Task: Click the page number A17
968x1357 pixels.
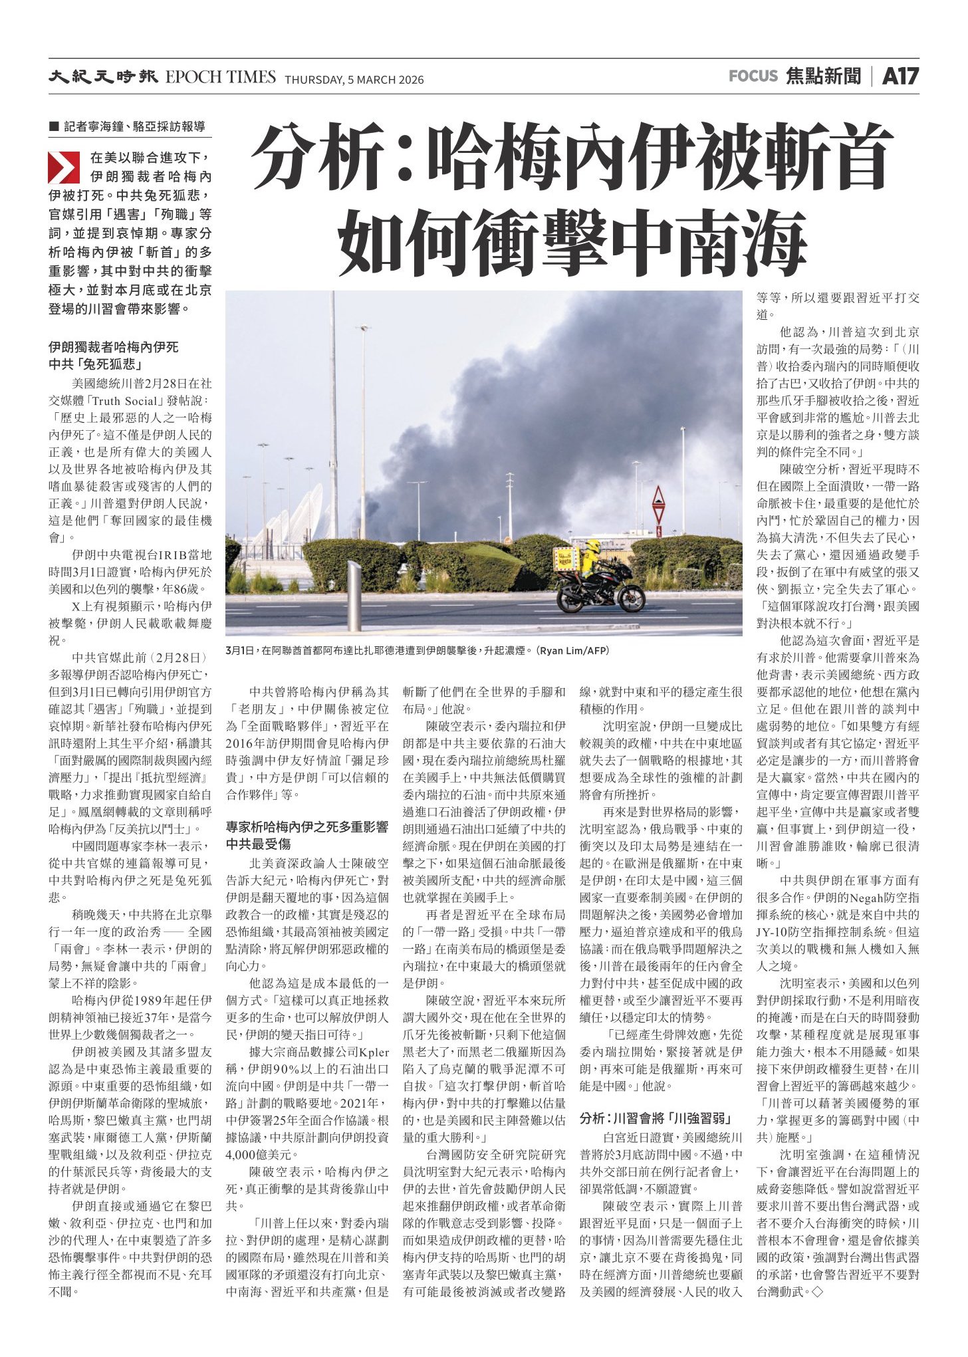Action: pos(900,76)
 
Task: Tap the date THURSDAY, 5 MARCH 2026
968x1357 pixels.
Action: pos(354,80)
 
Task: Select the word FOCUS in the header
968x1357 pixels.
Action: pos(753,76)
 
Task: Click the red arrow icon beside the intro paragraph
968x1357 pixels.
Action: pos(64,168)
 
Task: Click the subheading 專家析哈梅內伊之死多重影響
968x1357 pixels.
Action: pos(306,827)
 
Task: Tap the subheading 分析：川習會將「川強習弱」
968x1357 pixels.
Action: pos(656,1117)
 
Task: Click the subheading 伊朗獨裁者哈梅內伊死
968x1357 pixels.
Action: pos(114,347)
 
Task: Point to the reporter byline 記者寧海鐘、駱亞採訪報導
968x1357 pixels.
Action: pos(134,126)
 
